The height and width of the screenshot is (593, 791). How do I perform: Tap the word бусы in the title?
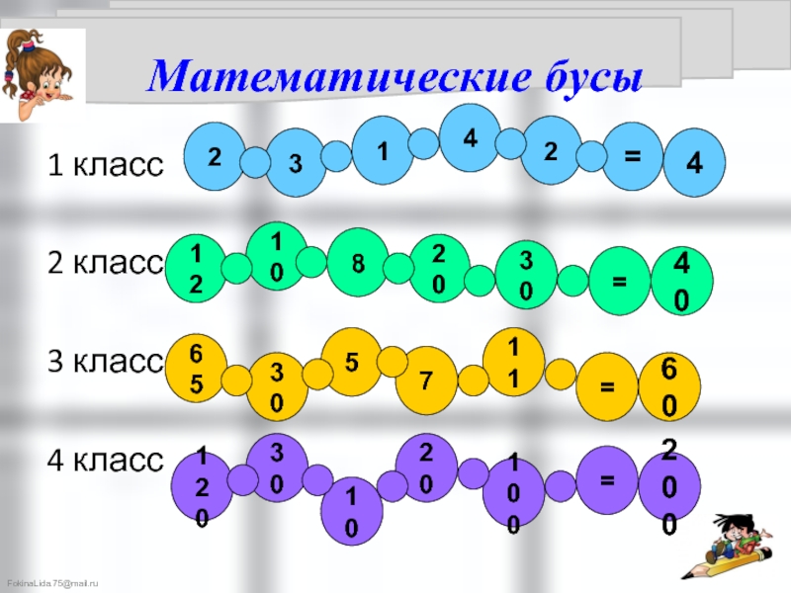click(579, 76)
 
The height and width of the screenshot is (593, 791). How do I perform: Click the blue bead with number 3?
click(296, 164)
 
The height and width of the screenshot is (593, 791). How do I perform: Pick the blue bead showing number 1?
click(383, 150)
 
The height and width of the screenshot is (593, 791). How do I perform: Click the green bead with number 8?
click(357, 263)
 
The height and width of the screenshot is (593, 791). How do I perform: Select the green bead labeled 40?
click(680, 282)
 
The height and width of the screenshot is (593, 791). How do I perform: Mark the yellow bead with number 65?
click(197, 368)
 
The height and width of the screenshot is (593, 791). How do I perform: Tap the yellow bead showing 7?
click(425, 381)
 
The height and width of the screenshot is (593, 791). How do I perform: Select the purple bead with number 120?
click(201, 489)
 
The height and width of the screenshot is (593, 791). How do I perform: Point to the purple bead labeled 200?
click(669, 489)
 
